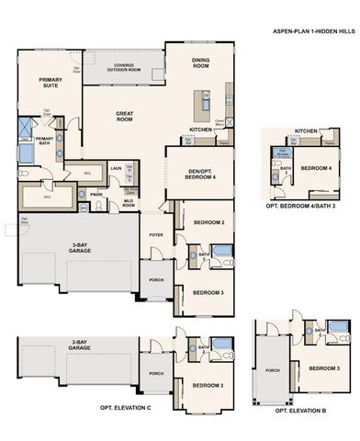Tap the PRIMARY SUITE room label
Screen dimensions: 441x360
[51, 84]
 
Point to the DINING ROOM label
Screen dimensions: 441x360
[200, 62]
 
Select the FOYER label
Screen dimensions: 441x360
[156, 234]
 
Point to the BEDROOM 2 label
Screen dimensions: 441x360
[210, 223]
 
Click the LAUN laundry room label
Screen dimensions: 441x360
[117, 169]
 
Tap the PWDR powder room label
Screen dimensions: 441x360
[96, 194]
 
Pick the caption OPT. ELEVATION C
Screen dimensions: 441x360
[125, 407]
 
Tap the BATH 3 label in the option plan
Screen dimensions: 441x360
[286, 171]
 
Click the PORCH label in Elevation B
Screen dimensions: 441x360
[273, 371]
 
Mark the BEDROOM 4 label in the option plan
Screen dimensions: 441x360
[317, 168]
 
